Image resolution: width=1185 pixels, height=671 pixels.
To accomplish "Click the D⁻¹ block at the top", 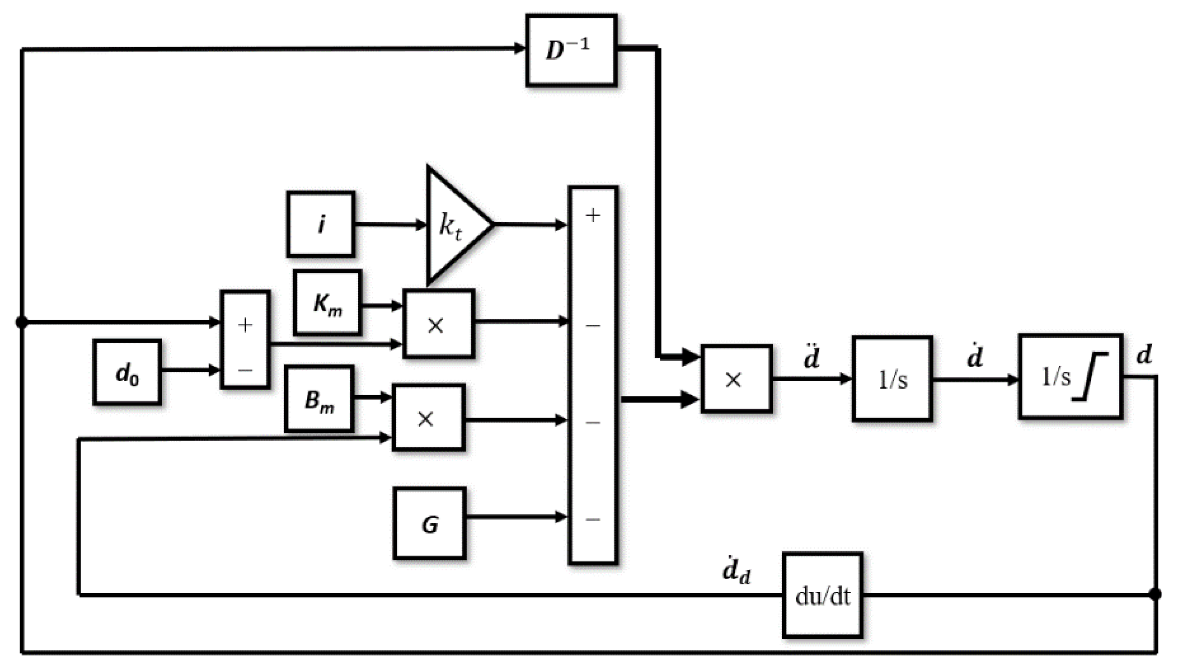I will click(x=572, y=50).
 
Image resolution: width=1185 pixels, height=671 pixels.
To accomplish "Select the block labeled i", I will click(x=321, y=224).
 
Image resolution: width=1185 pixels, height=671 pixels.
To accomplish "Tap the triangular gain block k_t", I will click(x=454, y=225).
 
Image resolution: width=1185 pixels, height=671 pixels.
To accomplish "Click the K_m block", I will click(x=327, y=303).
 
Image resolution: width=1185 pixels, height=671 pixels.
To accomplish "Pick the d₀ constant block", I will click(x=127, y=372).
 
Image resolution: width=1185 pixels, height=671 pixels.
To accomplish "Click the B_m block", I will click(x=319, y=399).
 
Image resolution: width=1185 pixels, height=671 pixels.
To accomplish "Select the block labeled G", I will click(x=429, y=523).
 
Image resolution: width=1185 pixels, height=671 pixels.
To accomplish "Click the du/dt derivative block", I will click(x=823, y=595).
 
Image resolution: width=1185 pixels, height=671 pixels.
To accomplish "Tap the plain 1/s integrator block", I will click(x=892, y=379).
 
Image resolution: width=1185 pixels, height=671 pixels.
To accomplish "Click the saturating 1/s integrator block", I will click(x=1070, y=377).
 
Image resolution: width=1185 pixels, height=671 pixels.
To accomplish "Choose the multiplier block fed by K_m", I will click(x=438, y=324).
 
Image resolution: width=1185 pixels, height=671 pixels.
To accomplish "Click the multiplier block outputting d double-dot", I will click(x=736, y=379).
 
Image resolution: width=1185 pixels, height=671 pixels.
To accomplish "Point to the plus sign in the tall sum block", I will click(x=593, y=216).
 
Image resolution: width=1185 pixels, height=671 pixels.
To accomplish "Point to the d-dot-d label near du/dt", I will click(x=736, y=571).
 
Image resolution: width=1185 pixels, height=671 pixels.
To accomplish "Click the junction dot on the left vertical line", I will click(x=21, y=322).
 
